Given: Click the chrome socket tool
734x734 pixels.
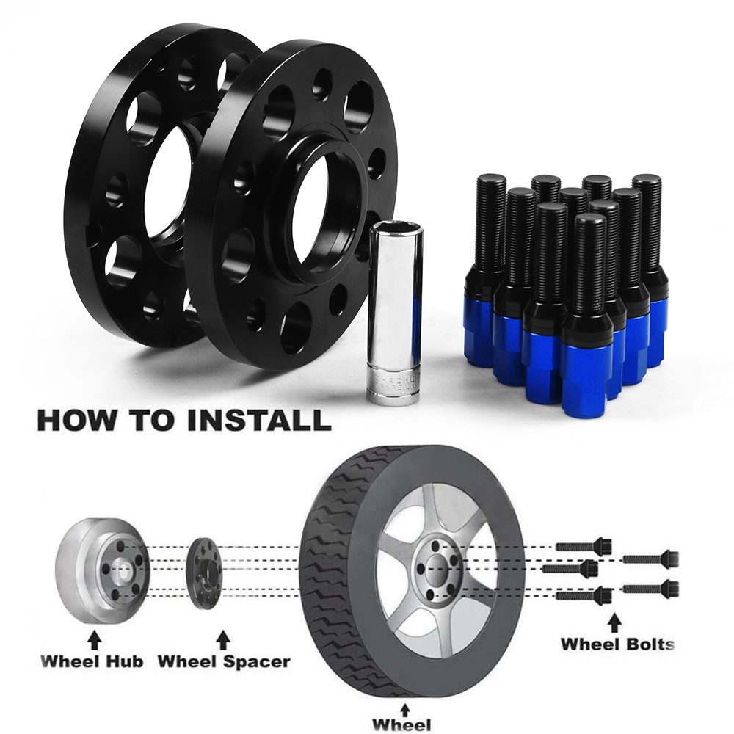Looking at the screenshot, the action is pos(396,311).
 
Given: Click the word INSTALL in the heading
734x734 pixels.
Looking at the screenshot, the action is pos(259,420).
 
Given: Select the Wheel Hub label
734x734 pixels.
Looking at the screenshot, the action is pos(92,661).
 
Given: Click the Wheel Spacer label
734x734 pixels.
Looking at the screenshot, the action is pos(224,661).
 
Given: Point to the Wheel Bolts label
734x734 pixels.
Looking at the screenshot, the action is pos(617,644).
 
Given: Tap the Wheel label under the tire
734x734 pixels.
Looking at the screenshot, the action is pos(401,724).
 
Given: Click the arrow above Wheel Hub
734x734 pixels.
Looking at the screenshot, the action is pos(95,639).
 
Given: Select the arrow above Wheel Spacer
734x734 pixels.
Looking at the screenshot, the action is pos(224,639).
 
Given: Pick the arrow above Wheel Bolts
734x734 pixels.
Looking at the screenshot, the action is pos(616,622).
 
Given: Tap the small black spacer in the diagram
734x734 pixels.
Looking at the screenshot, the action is pos(205,573).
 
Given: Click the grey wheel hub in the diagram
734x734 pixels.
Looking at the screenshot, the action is pos(103,571).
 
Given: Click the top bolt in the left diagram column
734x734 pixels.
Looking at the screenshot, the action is pos(584,546).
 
